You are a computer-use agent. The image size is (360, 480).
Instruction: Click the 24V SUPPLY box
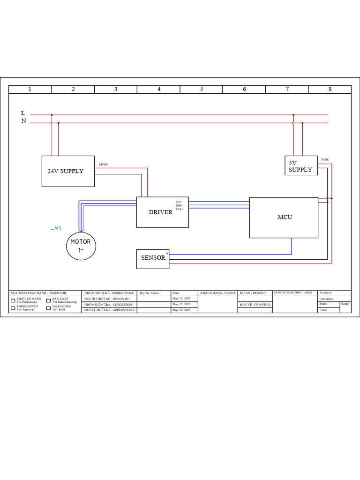coord(68,171)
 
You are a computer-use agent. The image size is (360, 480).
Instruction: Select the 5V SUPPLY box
coord(300,166)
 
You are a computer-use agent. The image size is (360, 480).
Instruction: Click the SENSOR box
coord(153,259)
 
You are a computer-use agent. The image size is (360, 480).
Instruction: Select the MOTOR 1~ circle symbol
coord(81,246)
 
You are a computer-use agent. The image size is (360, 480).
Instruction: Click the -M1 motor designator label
coord(56,229)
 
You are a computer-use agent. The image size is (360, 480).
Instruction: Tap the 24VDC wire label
coord(103,165)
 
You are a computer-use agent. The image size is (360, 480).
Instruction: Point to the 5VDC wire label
coord(325,160)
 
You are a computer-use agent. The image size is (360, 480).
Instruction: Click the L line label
coord(23,113)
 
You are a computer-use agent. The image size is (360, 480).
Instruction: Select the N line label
coord(23,121)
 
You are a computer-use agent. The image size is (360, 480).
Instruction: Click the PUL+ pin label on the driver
coord(180,209)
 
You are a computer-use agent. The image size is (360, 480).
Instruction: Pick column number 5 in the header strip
coord(202,90)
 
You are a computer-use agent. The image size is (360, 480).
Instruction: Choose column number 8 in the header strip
coord(330,90)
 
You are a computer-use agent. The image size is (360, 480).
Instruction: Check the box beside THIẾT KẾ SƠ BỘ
coord(13,300)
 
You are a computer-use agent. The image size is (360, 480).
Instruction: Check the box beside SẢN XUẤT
coord(48,300)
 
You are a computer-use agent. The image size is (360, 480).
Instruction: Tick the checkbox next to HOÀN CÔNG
coord(48,308)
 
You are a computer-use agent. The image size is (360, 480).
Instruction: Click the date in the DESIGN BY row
coord(181,299)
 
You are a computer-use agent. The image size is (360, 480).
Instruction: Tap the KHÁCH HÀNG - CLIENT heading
coord(218,293)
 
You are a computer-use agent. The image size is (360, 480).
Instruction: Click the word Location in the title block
coord(325,292)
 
